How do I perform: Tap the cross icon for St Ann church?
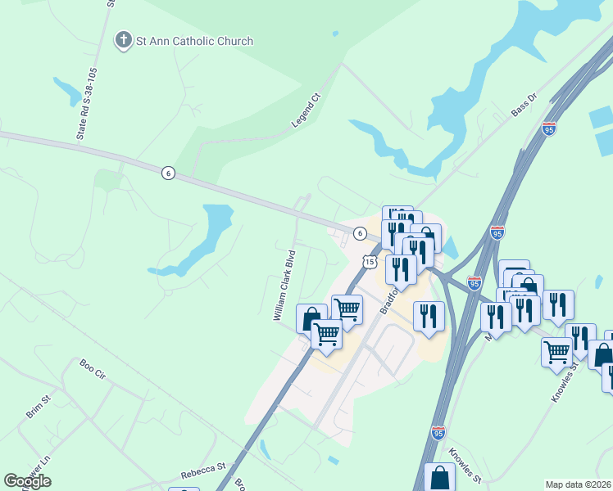(123, 40)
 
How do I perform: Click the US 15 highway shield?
(370, 262)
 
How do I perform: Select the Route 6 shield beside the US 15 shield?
(360, 234)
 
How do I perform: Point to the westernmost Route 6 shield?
(168, 173)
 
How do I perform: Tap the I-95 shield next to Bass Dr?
(549, 128)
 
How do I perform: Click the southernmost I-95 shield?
(438, 430)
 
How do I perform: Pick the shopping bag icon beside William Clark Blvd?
(311, 318)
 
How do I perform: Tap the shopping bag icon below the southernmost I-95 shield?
(440, 477)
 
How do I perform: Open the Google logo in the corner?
(28, 481)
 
